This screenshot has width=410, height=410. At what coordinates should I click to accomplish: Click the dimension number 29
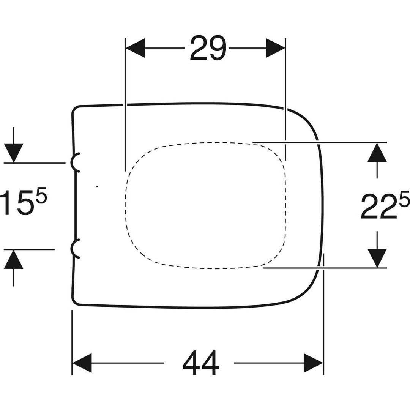pyautogui.click(x=208, y=48)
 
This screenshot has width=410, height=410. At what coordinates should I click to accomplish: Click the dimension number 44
pyautogui.click(x=200, y=363)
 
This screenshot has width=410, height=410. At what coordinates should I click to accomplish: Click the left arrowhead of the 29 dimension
pyautogui.click(x=135, y=48)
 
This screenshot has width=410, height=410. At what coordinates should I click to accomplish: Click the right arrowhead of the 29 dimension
pyautogui.click(x=276, y=48)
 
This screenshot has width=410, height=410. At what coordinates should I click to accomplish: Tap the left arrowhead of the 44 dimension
pyautogui.click(x=82, y=363)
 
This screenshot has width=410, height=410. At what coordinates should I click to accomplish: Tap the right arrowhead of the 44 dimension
pyautogui.click(x=313, y=363)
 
